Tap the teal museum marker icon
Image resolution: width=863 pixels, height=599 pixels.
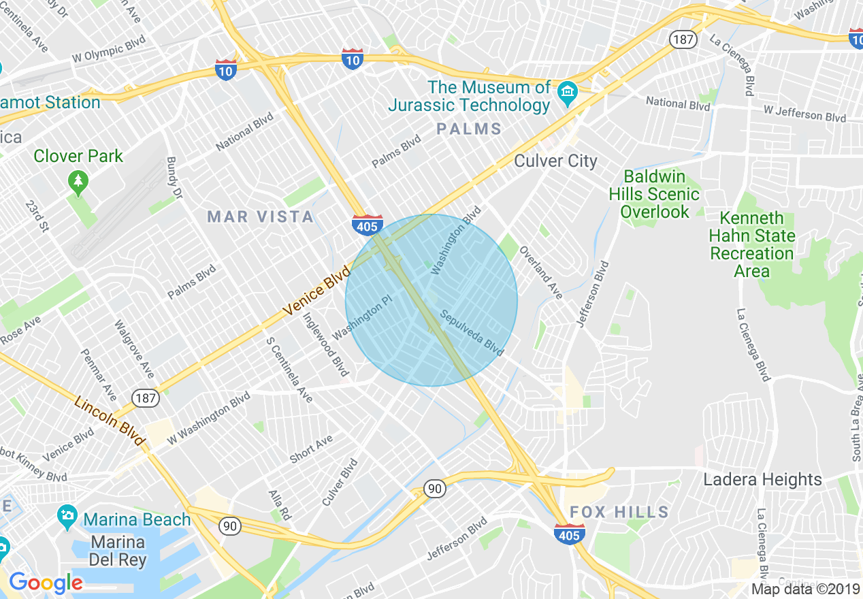point(567,93)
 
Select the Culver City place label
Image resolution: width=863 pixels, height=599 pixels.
point(555,161)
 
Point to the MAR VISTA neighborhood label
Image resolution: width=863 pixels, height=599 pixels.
point(261,217)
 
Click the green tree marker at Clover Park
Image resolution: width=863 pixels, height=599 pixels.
point(79,182)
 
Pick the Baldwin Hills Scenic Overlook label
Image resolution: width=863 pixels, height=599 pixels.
point(654,194)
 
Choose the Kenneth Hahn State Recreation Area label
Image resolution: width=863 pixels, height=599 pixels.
point(752,244)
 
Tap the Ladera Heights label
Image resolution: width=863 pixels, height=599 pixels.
point(762,480)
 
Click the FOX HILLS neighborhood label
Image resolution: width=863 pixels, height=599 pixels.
point(619,512)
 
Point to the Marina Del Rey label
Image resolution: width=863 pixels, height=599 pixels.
point(118,551)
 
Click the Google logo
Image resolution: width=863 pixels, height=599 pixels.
point(46,583)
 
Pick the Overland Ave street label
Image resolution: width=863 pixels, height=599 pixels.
point(542,272)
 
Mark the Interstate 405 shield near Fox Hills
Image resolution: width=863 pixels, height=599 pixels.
point(569,534)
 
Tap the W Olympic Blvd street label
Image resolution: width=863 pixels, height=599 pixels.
point(108,52)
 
